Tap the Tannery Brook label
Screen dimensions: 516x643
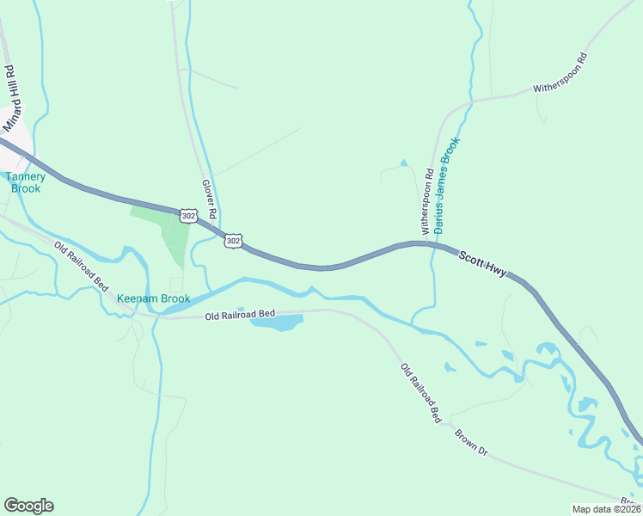(x=26, y=182)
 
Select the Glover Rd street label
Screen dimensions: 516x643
(x=208, y=197)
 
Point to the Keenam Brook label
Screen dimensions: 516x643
(x=153, y=299)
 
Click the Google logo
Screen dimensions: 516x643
(x=28, y=506)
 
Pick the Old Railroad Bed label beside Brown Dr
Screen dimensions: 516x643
(x=420, y=392)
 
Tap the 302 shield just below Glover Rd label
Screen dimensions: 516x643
(x=232, y=241)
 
